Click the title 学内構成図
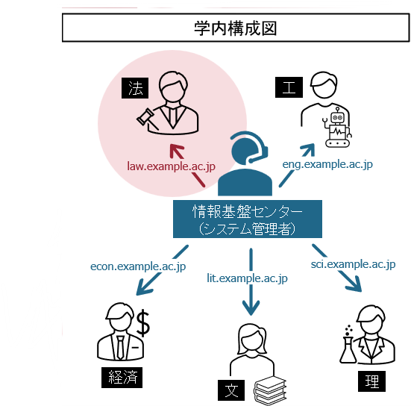pyautogui.click(x=235, y=28)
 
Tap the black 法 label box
pyautogui.click(x=135, y=88)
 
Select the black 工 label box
pyautogui.click(x=289, y=87)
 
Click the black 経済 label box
pyautogui.click(x=122, y=378)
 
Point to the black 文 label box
pyautogui.click(x=231, y=390)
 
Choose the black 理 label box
pyautogui.click(x=371, y=381)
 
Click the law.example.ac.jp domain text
pyautogui.click(x=171, y=166)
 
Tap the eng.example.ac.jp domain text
pyautogui.click(x=327, y=164)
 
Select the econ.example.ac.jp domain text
pyautogui.click(x=138, y=266)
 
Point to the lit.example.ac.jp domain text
pyautogui.click(x=247, y=278)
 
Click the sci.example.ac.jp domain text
pyautogui.click(x=353, y=264)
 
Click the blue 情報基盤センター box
pyautogui.click(x=248, y=219)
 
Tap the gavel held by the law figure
pyautogui.click(x=147, y=119)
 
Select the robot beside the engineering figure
pyautogui.click(x=337, y=127)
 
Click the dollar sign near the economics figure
pyautogui.click(x=143, y=323)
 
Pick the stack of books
pyautogui.click(x=270, y=391)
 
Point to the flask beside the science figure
pyautogui.click(x=348, y=349)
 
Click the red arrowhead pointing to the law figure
pyautogui.click(x=177, y=151)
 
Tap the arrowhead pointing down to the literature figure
pyautogui.click(x=251, y=307)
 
